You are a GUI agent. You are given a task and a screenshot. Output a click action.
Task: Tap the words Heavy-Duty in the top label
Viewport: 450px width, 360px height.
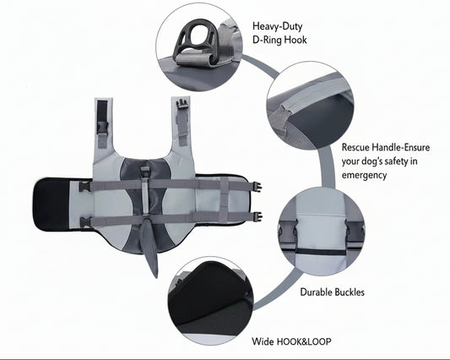[277, 26]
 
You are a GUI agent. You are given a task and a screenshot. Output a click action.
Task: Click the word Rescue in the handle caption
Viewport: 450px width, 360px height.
[355, 147]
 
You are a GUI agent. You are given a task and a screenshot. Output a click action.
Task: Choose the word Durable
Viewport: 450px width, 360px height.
[315, 292]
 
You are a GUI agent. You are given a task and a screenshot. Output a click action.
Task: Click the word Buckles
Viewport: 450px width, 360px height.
[348, 292]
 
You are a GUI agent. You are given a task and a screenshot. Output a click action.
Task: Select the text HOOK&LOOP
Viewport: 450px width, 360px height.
[304, 341]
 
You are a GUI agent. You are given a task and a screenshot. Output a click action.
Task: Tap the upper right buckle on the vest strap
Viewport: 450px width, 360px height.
[256, 187]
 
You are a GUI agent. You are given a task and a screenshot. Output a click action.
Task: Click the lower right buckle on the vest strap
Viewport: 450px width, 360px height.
[257, 216]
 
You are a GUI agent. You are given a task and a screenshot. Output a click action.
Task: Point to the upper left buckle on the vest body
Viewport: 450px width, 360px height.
[85, 187]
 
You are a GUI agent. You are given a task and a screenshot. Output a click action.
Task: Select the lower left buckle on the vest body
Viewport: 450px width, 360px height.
[85, 221]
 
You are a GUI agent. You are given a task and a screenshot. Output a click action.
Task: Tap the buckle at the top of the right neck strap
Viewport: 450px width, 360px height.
[182, 104]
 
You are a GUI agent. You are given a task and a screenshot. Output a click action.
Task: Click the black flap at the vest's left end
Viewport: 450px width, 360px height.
[52, 205]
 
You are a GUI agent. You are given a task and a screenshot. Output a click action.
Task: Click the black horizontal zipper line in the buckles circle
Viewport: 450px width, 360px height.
[322, 252]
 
